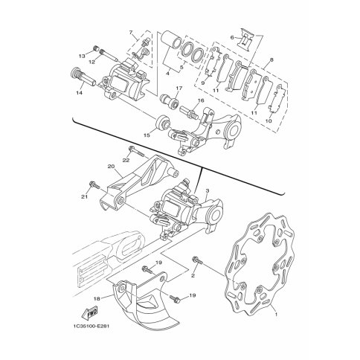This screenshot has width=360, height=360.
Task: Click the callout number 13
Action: point(82,56)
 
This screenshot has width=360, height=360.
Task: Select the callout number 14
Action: point(79,93)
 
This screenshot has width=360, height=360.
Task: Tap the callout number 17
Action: point(179,88)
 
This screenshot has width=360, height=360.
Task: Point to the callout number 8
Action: point(272,60)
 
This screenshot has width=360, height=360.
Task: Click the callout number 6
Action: point(232,37)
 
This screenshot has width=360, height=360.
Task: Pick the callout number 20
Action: point(111,167)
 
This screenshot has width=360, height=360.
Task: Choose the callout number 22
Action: point(126,161)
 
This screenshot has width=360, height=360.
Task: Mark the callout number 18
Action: point(97,299)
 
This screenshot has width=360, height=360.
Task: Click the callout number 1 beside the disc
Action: point(276,314)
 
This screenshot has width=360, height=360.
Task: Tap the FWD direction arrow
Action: point(89,313)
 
